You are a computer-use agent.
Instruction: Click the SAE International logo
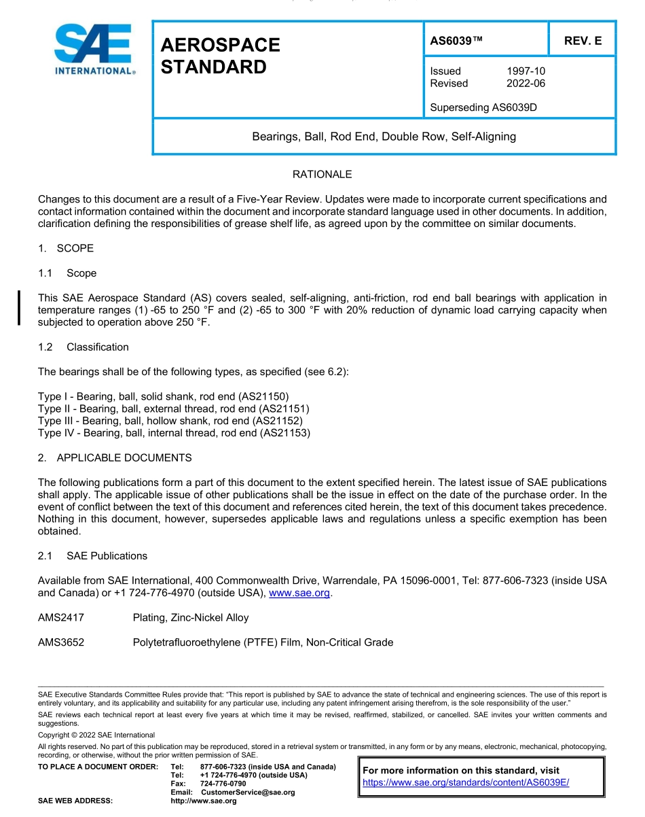(x=94, y=50)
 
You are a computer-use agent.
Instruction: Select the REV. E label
(x=583, y=41)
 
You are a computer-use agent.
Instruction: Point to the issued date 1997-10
(x=526, y=71)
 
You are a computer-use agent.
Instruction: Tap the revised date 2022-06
(x=526, y=84)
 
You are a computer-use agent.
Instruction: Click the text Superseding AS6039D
(x=483, y=107)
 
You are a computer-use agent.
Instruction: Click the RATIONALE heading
(x=322, y=175)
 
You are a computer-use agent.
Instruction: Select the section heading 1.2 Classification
(x=84, y=347)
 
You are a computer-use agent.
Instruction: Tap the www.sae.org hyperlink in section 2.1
(x=299, y=593)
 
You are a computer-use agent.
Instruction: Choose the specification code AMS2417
(x=61, y=618)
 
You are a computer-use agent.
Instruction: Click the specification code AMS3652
(x=61, y=642)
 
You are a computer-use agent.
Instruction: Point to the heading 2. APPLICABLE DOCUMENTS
(x=115, y=458)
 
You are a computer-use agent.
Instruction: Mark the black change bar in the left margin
(x=20, y=308)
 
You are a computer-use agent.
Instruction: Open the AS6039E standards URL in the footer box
(x=466, y=782)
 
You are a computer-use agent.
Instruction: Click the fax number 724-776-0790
(x=223, y=784)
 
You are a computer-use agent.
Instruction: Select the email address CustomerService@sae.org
(x=248, y=793)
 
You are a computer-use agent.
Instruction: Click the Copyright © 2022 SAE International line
(x=96, y=735)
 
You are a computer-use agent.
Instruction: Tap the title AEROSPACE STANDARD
(x=220, y=56)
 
